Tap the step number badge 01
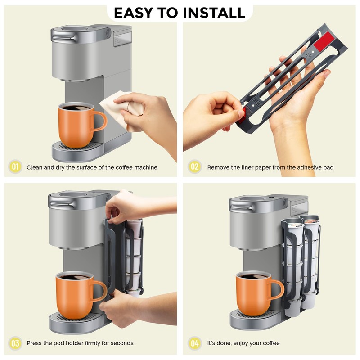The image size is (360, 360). [x=15, y=167]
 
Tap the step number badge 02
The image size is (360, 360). [x=194, y=167]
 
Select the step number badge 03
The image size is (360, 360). [x=15, y=343]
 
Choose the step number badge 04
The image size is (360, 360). [x=194, y=343]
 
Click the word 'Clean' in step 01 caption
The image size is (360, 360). [x=35, y=167]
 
